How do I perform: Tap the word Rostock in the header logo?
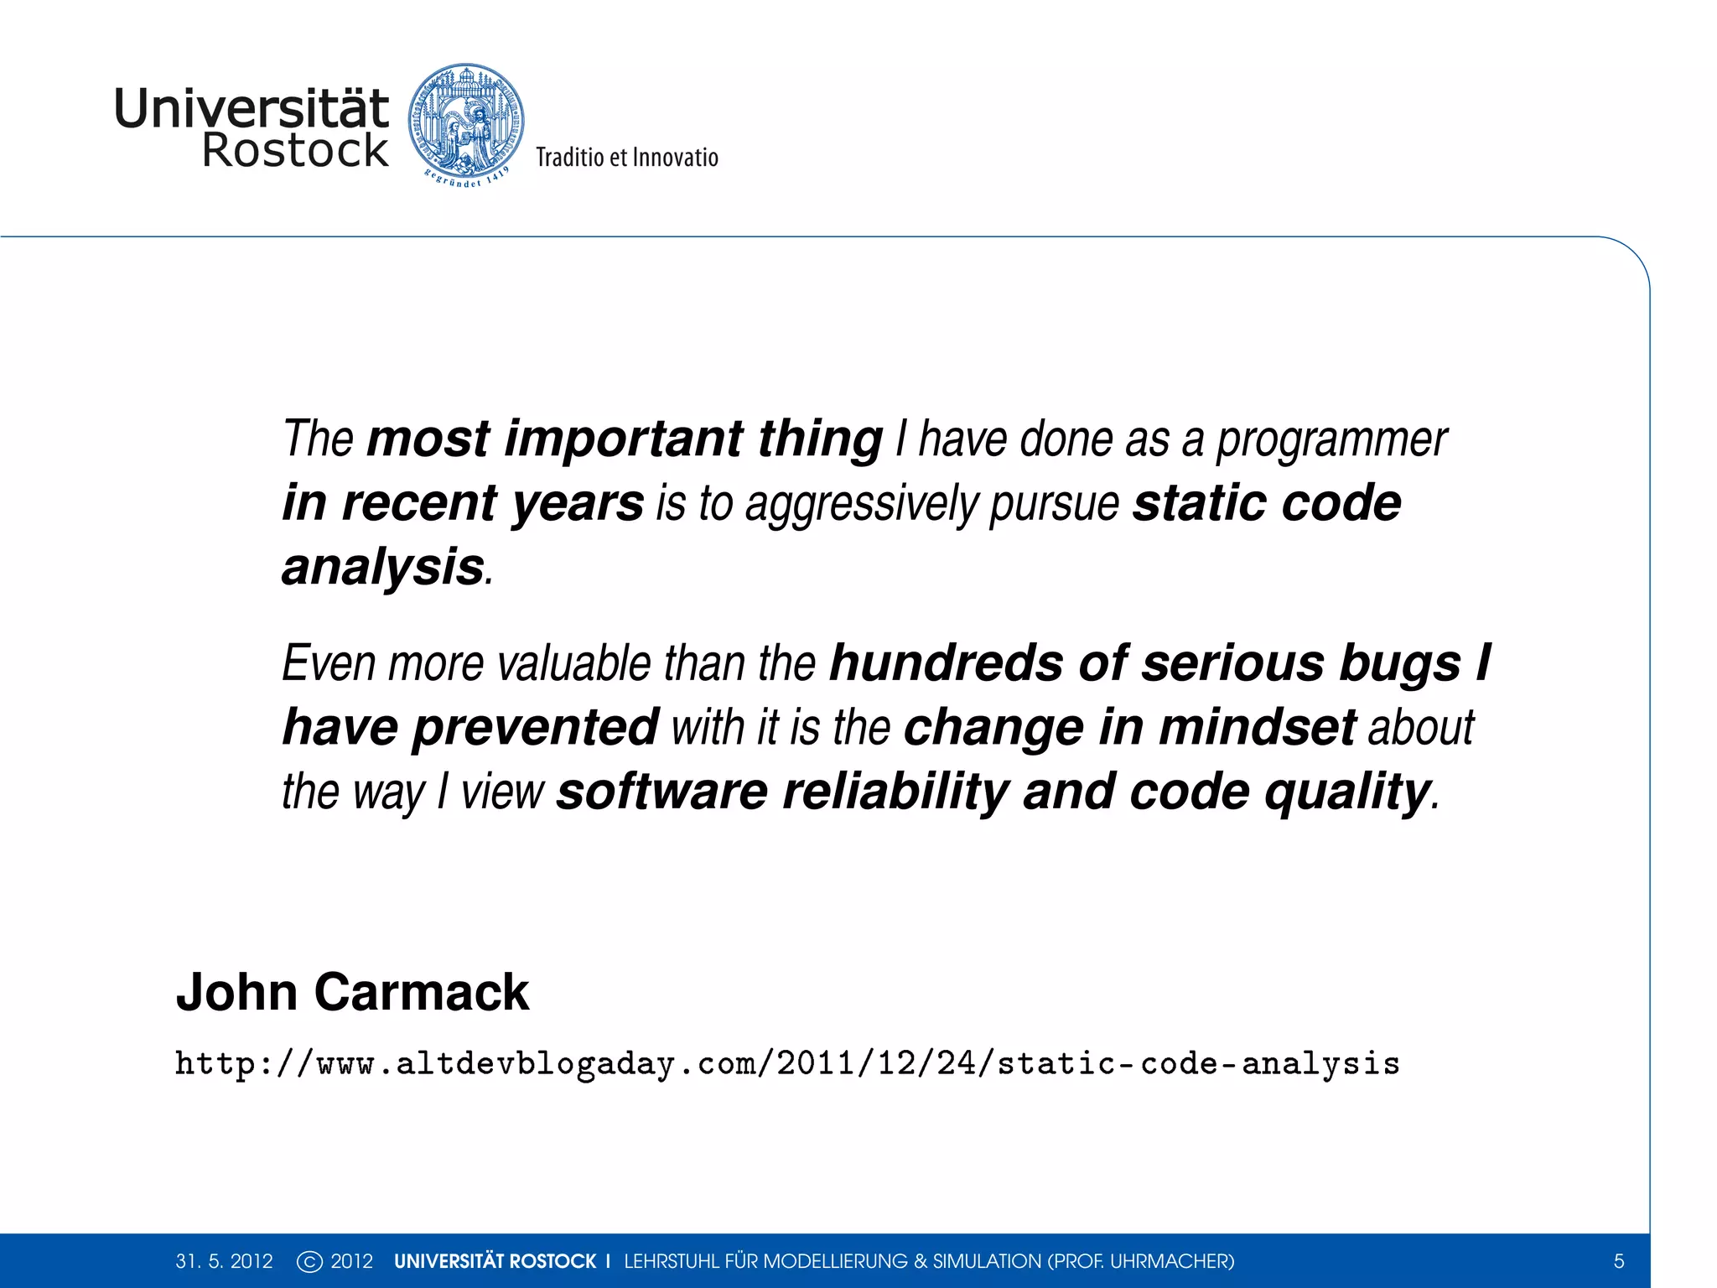pos(295,151)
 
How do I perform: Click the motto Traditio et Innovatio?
pos(627,158)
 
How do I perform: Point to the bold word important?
pos(624,439)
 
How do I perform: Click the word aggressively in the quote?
pos(861,505)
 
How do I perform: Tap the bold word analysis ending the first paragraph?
pos(383,568)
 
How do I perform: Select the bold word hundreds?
pos(947,663)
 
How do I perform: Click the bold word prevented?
pos(536,727)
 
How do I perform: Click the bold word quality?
pos(1346,792)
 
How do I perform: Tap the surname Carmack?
pos(422,993)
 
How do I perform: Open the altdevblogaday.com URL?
pos(787,1064)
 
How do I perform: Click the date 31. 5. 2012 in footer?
pos(224,1261)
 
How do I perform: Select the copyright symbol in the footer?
pos(309,1261)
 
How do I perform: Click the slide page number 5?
pos(1619,1261)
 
